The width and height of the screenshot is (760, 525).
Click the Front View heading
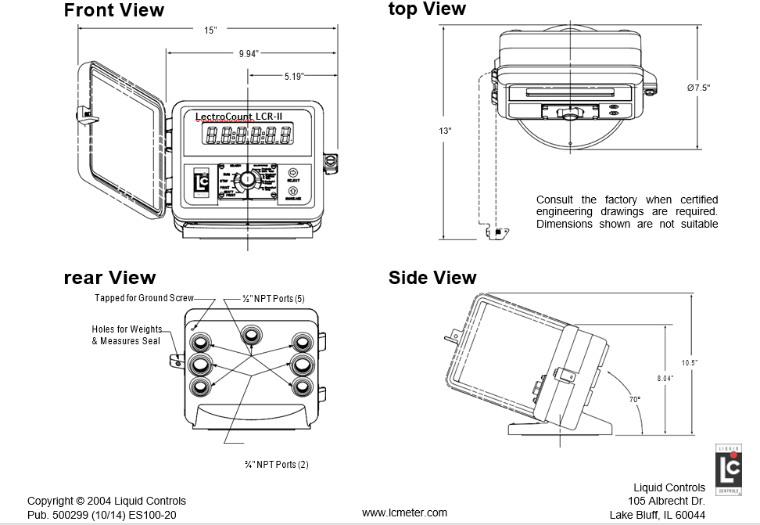tap(114, 10)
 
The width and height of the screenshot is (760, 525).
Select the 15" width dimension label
tap(210, 30)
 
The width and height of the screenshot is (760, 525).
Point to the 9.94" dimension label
tap(248, 53)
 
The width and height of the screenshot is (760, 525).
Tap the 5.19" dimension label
tap(294, 76)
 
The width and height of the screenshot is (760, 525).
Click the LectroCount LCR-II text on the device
tap(238, 117)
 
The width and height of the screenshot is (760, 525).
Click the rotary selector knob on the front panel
tap(248, 179)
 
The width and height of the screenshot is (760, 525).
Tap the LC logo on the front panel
tap(200, 184)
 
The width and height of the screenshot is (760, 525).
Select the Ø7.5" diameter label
tap(698, 88)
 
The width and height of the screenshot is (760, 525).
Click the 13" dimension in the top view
tap(445, 131)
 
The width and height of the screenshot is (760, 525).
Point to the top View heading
tap(427, 9)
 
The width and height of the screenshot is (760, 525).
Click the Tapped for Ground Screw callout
tap(144, 298)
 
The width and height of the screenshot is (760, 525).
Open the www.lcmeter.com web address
tap(404, 512)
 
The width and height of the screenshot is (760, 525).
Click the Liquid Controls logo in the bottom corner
tap(729, 469)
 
